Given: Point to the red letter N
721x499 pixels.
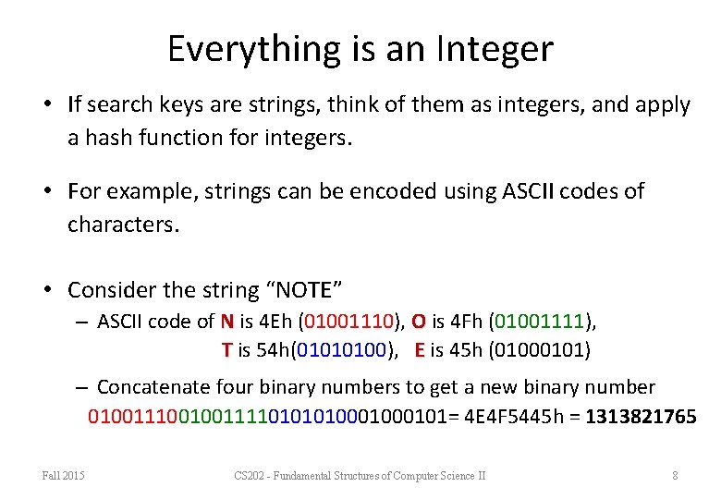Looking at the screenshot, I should tap(226, 322).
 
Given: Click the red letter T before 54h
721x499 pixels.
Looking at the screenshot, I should tap(226, 349).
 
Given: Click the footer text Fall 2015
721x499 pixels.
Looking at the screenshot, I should tap(63, 476).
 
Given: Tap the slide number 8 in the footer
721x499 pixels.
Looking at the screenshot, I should tap(675, 476).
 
